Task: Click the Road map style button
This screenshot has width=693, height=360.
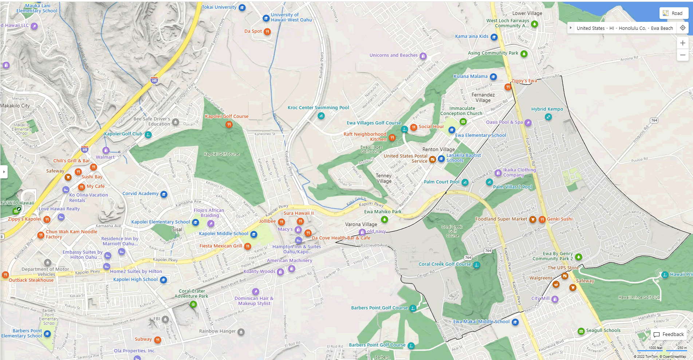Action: point(673,13)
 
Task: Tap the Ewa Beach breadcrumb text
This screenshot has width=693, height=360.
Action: point(662,28)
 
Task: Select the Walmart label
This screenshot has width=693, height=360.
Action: point(105,157)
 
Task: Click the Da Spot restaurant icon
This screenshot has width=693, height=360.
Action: point(267,31)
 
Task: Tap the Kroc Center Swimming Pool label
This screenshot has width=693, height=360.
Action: point(318,108)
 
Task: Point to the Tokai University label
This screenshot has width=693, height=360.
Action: point(219,7)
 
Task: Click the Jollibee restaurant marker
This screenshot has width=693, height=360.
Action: point(281,222)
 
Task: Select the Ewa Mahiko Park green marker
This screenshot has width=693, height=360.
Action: point(384,219)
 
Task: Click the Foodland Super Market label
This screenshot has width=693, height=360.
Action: point(501,219)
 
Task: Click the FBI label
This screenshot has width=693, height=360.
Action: point(157,319)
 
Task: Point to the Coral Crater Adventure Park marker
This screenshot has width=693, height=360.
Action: point(193,304)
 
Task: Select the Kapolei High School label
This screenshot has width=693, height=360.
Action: point(135,280)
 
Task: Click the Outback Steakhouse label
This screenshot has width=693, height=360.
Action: point(31,280)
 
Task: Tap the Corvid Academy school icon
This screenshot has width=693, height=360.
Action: point(164,194)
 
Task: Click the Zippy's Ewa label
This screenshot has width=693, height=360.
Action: point(524,81)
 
